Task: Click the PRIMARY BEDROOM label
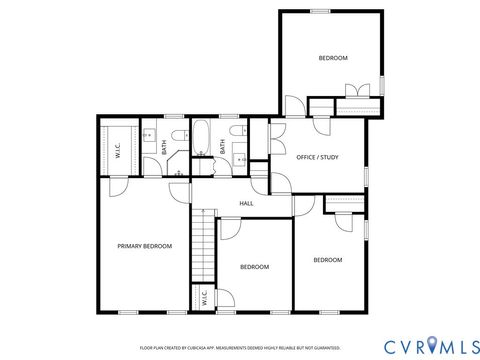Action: coord(144,246)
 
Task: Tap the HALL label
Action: coord(246,203)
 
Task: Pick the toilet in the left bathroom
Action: coord(177,137)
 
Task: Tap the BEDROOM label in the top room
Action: coord(333,58)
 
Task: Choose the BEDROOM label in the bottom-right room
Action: coord(328,260)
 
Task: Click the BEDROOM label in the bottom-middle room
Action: coord(255,267)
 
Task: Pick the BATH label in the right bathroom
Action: coord(223,146)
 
